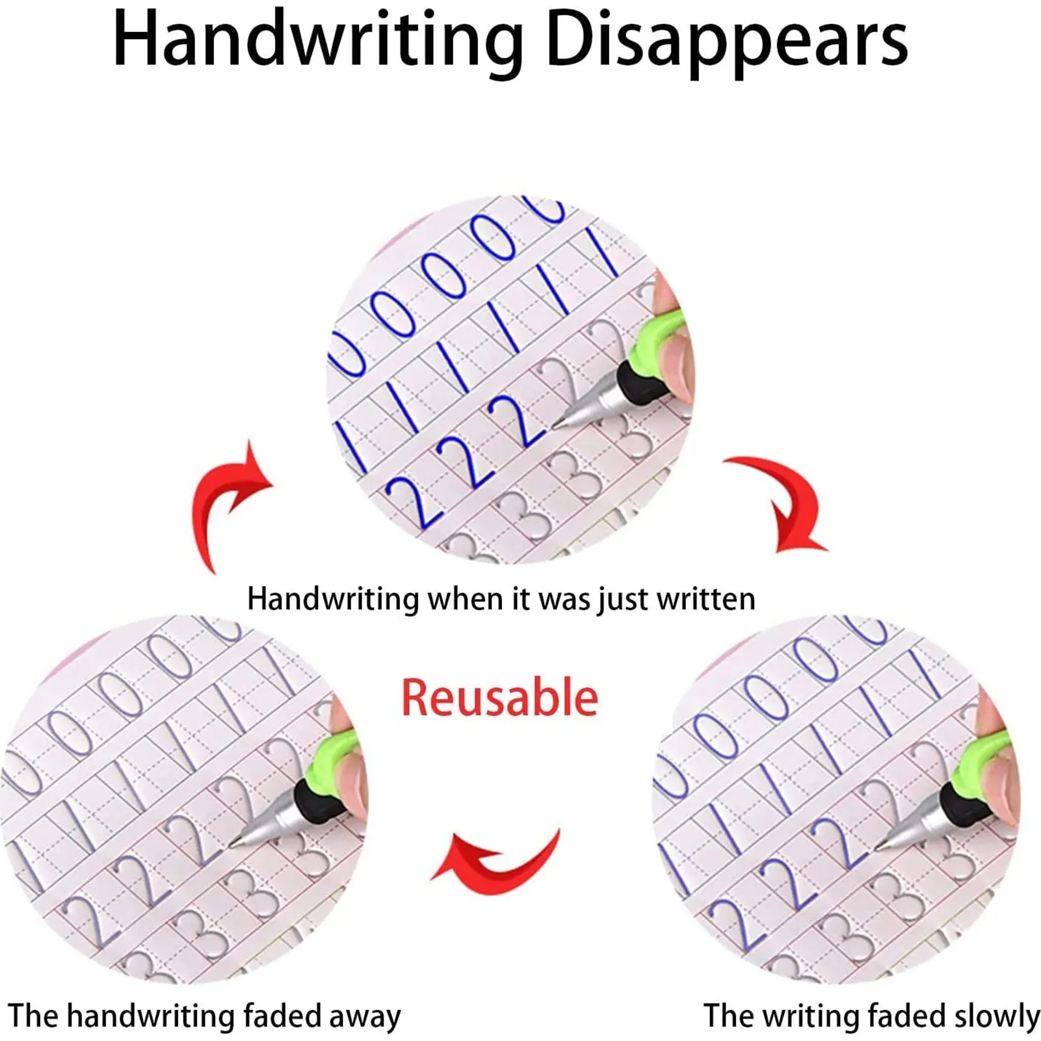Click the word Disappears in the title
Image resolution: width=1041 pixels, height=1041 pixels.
tap(726, 42)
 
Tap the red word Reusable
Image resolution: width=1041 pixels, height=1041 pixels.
tap(499, 698)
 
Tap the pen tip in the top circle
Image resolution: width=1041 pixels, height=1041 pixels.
tap(557, 425)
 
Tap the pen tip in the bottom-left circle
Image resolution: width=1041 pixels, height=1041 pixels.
tap(232, 845)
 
